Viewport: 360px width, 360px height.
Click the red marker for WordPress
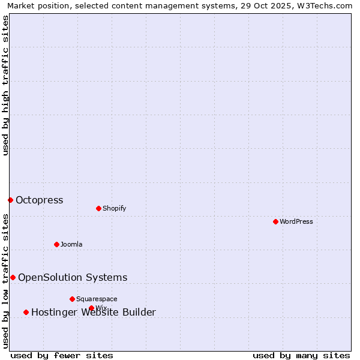click(275, 221)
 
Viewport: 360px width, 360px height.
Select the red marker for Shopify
click(98, 208)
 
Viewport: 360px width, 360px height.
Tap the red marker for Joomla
click(56, 244)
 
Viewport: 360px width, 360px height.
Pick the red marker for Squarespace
click(72, 299)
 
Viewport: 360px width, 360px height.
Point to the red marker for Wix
click(91, 308)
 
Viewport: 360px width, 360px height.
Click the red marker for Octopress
click(10, 200)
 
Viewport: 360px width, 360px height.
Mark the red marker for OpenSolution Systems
click(13, 277)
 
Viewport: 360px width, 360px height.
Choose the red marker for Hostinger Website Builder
click(26, 312)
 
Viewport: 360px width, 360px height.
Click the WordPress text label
click(296, 221)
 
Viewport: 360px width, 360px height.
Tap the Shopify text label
click(115, 208)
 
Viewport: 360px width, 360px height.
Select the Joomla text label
click(71, 244)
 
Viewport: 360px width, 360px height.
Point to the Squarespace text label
click(97, 299)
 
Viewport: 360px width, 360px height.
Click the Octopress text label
click(40, 200)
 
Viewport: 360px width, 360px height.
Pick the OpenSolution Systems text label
click(73, 277)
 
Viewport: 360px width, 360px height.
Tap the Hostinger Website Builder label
click(94, 312)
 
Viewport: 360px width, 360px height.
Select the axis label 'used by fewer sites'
click(62, 355)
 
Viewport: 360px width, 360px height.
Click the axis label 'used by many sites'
click(301, 355)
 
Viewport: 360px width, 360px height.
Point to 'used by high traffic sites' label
click(5, 85)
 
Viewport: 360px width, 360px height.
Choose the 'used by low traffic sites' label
click(5, 281)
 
